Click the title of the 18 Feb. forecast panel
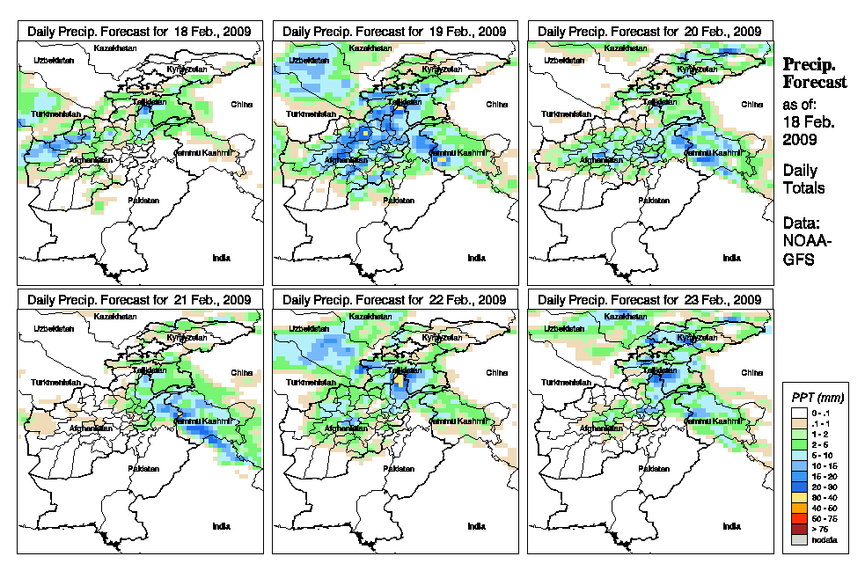[x=140, y=31]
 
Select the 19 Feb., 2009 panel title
[x=395, y=31]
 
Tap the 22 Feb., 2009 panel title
[x=395, y=299]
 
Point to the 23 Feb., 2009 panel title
[x=650, y=299]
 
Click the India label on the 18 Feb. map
[x=221, y=258]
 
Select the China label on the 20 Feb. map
[x=751, y=104]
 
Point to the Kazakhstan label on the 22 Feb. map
[x=371, y=316]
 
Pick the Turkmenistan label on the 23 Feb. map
[x=566, y=384]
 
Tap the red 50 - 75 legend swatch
[x=796, y=520]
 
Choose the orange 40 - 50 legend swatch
[x=796, y=509]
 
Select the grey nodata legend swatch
[x=796, y=540]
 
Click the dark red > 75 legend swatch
[x=796, y=530]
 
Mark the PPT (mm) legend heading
[x=815, y=399]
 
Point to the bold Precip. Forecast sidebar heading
[x=815, y=73]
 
